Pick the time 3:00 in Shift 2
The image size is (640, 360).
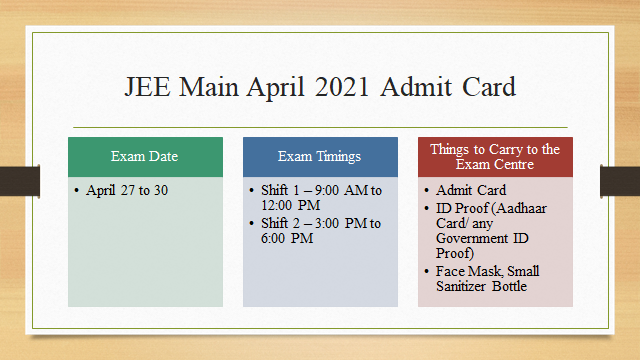point(339,223)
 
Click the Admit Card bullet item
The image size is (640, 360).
point(471,190)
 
